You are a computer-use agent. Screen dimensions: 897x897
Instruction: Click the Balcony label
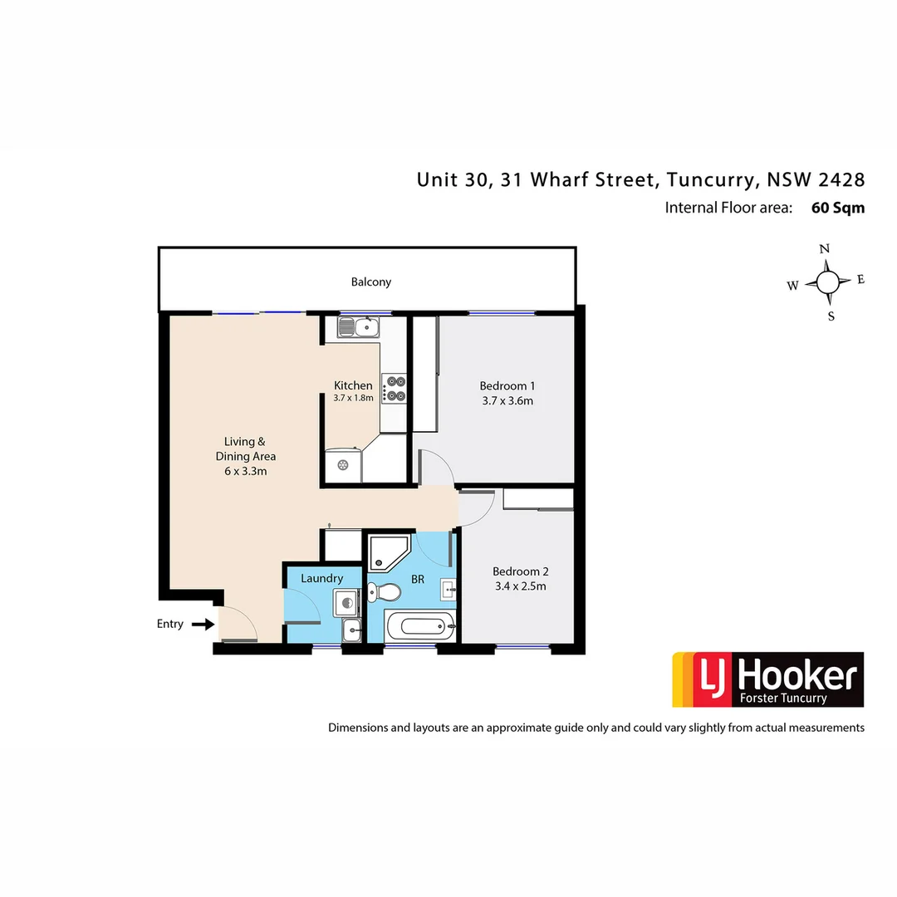point(370,282)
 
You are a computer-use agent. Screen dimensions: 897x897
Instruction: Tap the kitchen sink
point(358,328)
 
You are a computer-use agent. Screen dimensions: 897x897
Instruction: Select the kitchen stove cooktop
point(395,389)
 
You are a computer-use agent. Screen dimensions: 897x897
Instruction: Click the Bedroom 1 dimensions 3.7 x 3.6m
point(507,401)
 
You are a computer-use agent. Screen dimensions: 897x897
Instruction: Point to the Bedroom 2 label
point(520,571)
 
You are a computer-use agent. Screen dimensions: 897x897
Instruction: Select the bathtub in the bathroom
point(421,625)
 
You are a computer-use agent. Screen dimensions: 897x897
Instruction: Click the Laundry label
point(322,578)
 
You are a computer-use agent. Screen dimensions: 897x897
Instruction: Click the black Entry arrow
point(203,624)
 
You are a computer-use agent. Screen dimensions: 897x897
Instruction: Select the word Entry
point(170,624)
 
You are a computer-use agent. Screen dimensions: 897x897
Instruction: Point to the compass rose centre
point(827,282)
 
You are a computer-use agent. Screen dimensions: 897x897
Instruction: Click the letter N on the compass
point(825,249)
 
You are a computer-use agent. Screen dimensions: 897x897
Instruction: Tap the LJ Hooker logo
point(767,679)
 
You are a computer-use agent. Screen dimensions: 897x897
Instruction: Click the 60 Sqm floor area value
point(837,208)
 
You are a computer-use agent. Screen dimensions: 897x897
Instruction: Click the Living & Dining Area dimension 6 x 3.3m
point(245,471)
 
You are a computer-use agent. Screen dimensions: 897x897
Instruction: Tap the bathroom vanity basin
point(447,591)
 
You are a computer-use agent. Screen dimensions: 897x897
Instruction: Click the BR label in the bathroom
point(418,578)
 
